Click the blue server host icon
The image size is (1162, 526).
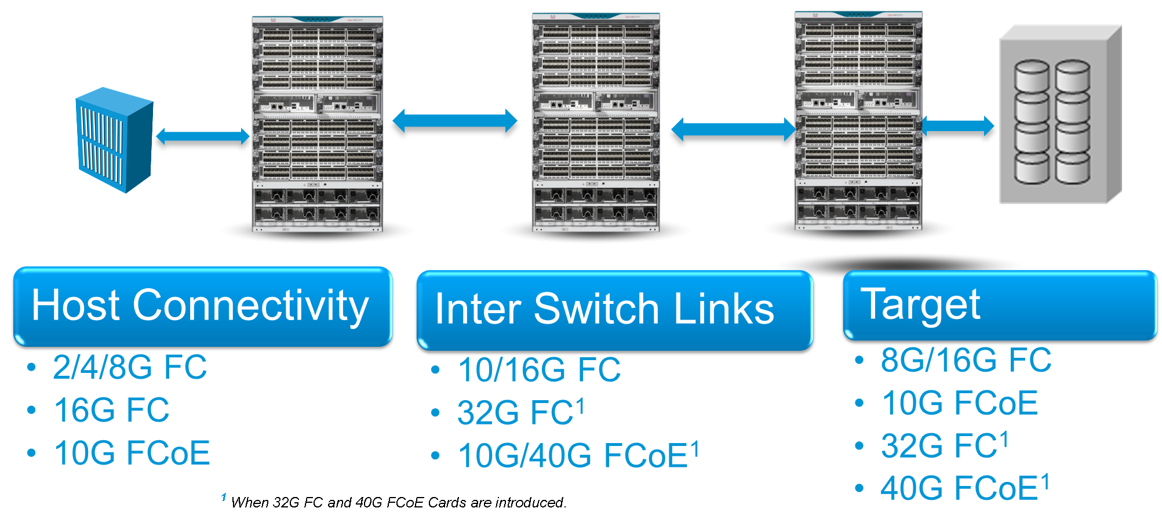(x=114, y=139)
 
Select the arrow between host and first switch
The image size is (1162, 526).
(x=203, y=136)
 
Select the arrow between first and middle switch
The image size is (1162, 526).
(x=455, y=121)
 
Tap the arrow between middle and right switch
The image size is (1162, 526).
(x=733, y=129)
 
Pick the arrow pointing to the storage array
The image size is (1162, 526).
(x=957, y=125)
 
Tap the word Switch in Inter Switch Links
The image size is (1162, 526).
(x=596, y=309)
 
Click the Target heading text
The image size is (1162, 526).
(x=920, y=304)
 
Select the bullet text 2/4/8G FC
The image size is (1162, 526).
(x=130, y=367)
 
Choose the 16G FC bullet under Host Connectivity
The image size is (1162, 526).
(x=112, y=410)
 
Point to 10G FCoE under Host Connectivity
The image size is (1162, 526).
(x=132, y=453)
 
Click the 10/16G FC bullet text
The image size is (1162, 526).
(x=539, y=370)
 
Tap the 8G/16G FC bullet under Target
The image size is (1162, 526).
(x=966, y=360)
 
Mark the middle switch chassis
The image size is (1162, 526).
(x=596, y=122)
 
